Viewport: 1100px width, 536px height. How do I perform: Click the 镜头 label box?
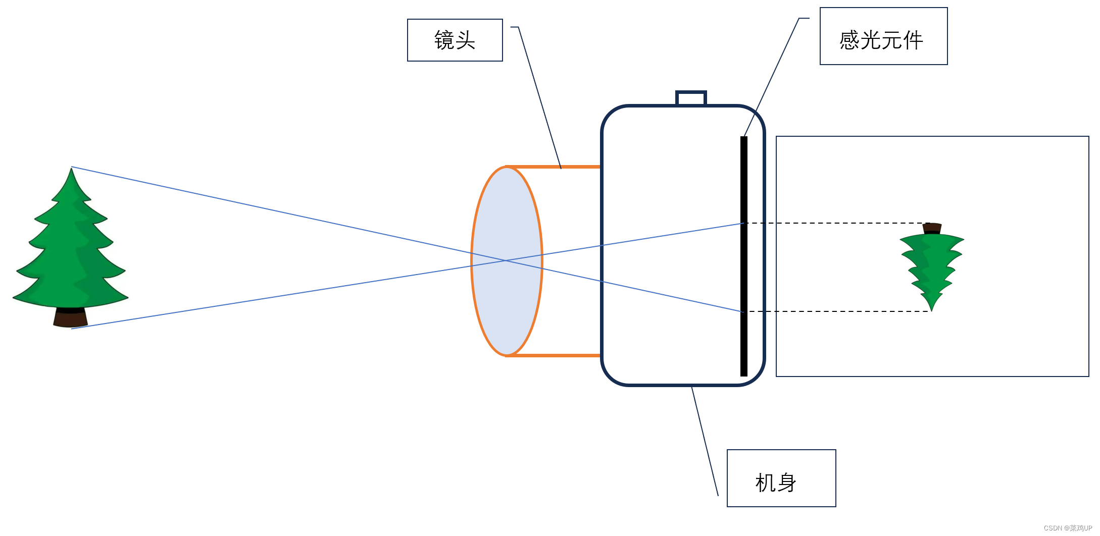pos(455,40)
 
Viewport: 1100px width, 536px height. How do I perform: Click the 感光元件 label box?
pos(883,36)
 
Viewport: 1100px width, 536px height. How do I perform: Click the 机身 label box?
pos(781,478)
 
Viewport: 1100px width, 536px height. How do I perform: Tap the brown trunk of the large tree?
pos(71,318)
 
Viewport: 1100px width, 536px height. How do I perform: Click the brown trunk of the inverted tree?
pos(932,228)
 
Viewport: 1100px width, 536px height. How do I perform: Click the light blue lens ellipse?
pos(507,303)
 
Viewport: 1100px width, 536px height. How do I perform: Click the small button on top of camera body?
pos(691,98)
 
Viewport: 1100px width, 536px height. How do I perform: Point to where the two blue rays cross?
pos(506,260)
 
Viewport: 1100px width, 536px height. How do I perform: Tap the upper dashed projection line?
pos(833,223)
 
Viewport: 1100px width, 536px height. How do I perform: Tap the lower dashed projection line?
pos(833,311)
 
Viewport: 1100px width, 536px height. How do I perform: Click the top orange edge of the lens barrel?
pos(553,167)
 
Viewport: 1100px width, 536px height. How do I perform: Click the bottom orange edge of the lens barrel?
pos(553,355)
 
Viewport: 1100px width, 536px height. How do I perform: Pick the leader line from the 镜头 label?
pos(539,96)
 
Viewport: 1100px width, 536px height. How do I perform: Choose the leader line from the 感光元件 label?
pos(772,76)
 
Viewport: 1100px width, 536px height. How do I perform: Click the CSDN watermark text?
pos(1068,528)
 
